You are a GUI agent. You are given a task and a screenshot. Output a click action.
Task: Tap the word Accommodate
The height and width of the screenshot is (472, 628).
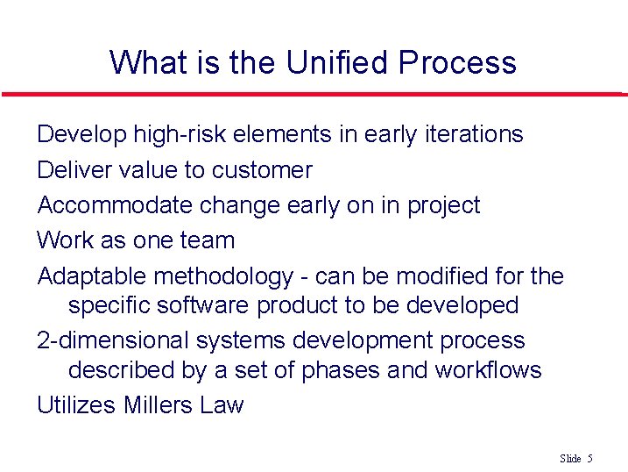point(115,204)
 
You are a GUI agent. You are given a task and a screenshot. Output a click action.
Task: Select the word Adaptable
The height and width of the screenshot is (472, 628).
point(92,276)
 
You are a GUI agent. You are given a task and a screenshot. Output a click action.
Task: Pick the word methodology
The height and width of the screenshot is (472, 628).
point(223,276)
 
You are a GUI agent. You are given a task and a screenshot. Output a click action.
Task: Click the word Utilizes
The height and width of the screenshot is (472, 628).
point(76,405)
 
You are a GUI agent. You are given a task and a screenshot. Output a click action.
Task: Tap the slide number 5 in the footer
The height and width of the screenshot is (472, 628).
point(590,459)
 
